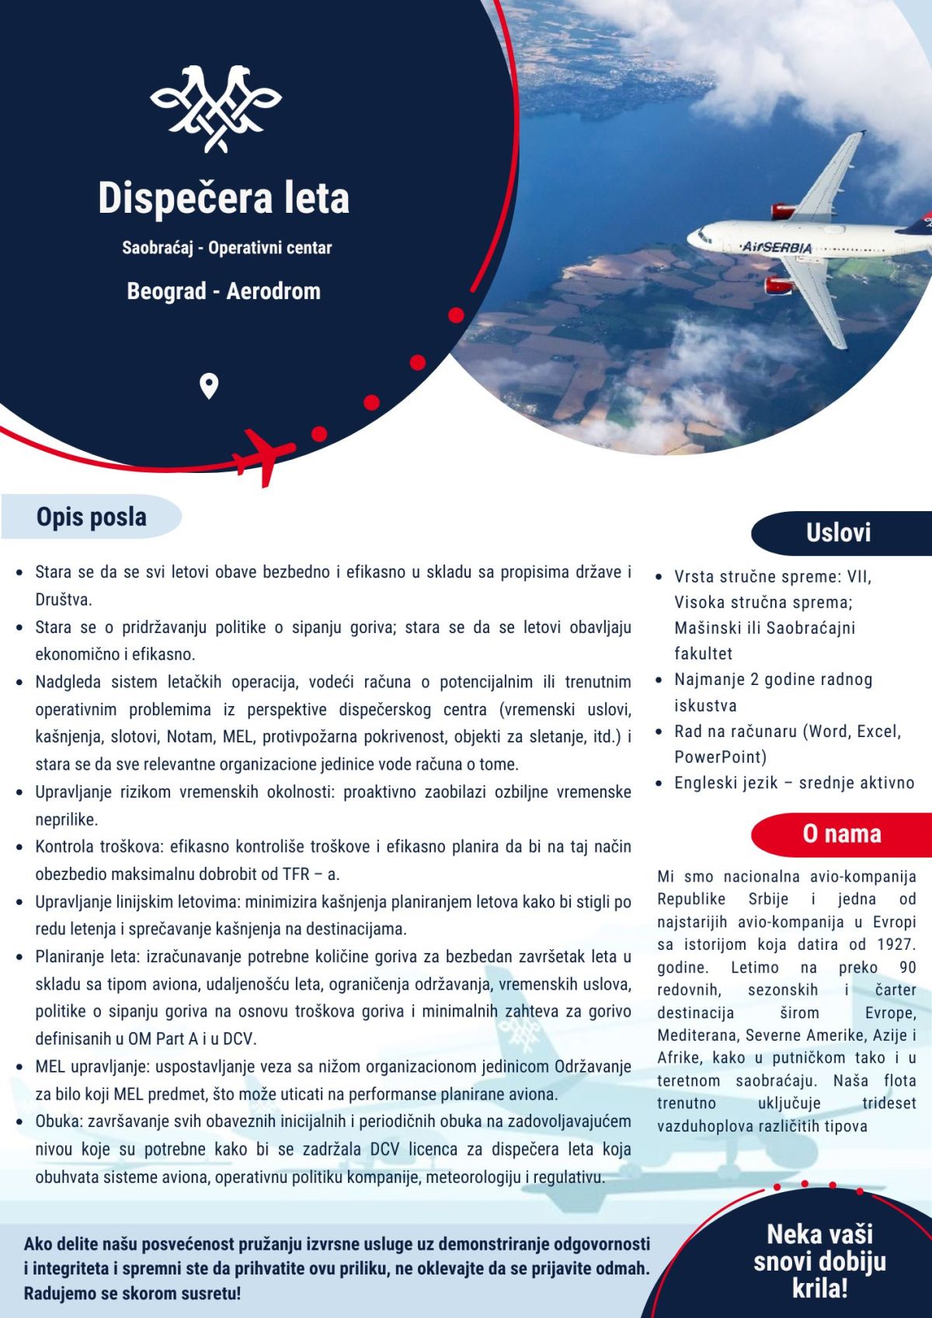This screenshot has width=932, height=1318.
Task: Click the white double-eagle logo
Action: point(216,109)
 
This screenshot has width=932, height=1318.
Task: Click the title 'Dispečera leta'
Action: point(224,198)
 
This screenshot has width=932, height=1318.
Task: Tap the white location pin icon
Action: point(209,386)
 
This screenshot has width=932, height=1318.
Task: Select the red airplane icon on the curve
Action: point(265,456)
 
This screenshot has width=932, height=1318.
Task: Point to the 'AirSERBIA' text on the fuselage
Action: point(777,247)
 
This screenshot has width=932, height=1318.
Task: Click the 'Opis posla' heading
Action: point(92,517)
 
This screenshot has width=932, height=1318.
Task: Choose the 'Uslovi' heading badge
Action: point(838,533)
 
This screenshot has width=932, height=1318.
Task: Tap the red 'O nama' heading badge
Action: point(842,834)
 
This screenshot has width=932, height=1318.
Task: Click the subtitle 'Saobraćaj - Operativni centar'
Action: point(227,249)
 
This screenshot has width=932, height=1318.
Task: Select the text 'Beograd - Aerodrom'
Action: point(224,292)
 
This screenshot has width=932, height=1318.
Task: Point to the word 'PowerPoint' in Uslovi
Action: point(720,757)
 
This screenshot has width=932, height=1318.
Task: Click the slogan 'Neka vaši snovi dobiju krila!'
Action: point(819,1261)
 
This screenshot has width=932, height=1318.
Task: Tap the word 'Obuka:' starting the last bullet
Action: point(59,1122)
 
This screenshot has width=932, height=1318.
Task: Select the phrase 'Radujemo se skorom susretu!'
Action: point(132,1294)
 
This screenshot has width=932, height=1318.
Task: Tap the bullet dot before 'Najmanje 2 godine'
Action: point(659,680)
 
